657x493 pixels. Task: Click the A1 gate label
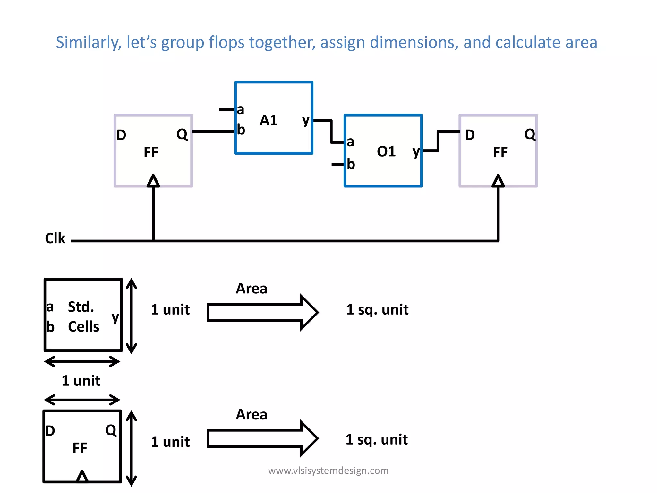point(269,120)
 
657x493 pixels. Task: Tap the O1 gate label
point(386,151)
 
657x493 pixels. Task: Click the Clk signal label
point(55,238)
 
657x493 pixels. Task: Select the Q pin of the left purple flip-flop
point(182,134)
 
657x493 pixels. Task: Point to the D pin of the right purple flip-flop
point(470,135)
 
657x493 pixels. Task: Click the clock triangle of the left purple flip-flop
point(153,181)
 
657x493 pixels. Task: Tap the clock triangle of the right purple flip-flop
point(498,181)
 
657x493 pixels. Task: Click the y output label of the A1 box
point(306,120)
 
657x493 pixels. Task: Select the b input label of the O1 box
point(351,164)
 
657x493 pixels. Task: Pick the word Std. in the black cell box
point(81,307)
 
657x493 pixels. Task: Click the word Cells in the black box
point(83,327)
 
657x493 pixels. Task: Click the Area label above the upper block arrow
point(252,289)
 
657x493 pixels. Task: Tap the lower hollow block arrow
point(262,438)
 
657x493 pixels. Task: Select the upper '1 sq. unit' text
point(377,310)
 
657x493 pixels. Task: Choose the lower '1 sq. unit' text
point(377,439)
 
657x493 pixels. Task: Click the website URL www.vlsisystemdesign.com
point(328,471)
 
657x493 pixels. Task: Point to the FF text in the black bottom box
point(80,448)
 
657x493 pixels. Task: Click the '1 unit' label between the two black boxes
point(81,381)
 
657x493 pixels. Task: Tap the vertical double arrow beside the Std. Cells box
point(131,316)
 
